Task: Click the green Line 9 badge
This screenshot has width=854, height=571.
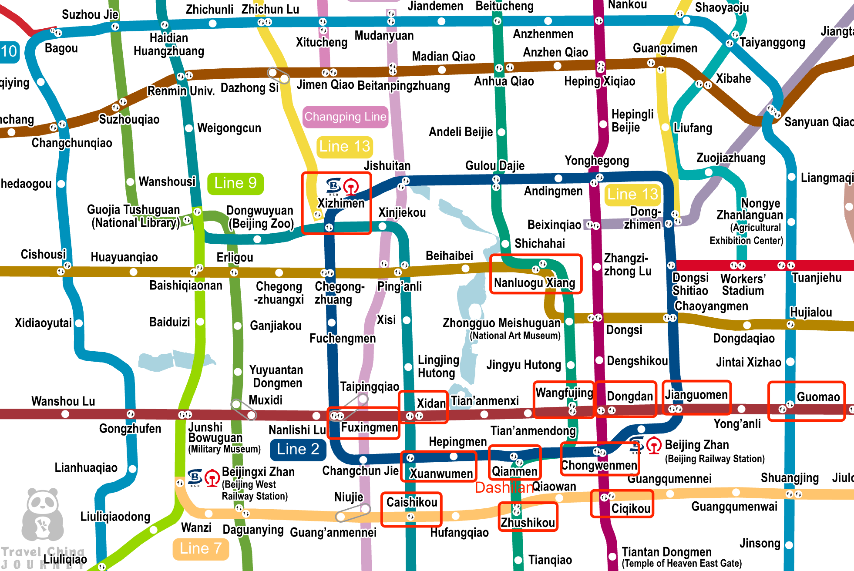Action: (x=235, y=183)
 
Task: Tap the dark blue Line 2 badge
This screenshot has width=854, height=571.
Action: (x=298, y=450)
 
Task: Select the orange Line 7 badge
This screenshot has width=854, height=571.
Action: (x=201, y=549)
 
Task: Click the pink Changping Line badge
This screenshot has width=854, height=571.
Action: (x=345, y=117)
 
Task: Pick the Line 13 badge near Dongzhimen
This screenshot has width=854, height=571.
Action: (x=632, y=194)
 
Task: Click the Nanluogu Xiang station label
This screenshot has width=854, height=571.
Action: (x=535, y=283)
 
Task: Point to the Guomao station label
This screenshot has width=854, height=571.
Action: (x=818, y=397)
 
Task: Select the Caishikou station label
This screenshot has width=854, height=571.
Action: (x=412, y=502)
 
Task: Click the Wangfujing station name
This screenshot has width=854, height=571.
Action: (x=564, y=393)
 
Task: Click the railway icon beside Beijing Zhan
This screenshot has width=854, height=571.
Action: (x=653, y=445)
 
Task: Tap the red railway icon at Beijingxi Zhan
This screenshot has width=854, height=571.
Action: (x=212, y=478)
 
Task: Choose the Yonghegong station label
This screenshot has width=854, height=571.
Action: (x=597, y=161)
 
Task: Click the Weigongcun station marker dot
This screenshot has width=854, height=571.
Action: (x=189, y=128)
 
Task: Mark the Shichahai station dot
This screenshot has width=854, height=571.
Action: (x=505, y=244)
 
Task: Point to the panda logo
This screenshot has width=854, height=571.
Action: (x=43, y=514)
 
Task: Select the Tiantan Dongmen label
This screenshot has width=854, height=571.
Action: (x=666, y=552)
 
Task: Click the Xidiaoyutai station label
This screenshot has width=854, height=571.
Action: (x=43, y=323)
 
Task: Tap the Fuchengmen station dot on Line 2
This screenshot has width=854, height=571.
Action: (x=331, y=322)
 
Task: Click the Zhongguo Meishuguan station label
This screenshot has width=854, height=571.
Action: (x=501, y=323)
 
